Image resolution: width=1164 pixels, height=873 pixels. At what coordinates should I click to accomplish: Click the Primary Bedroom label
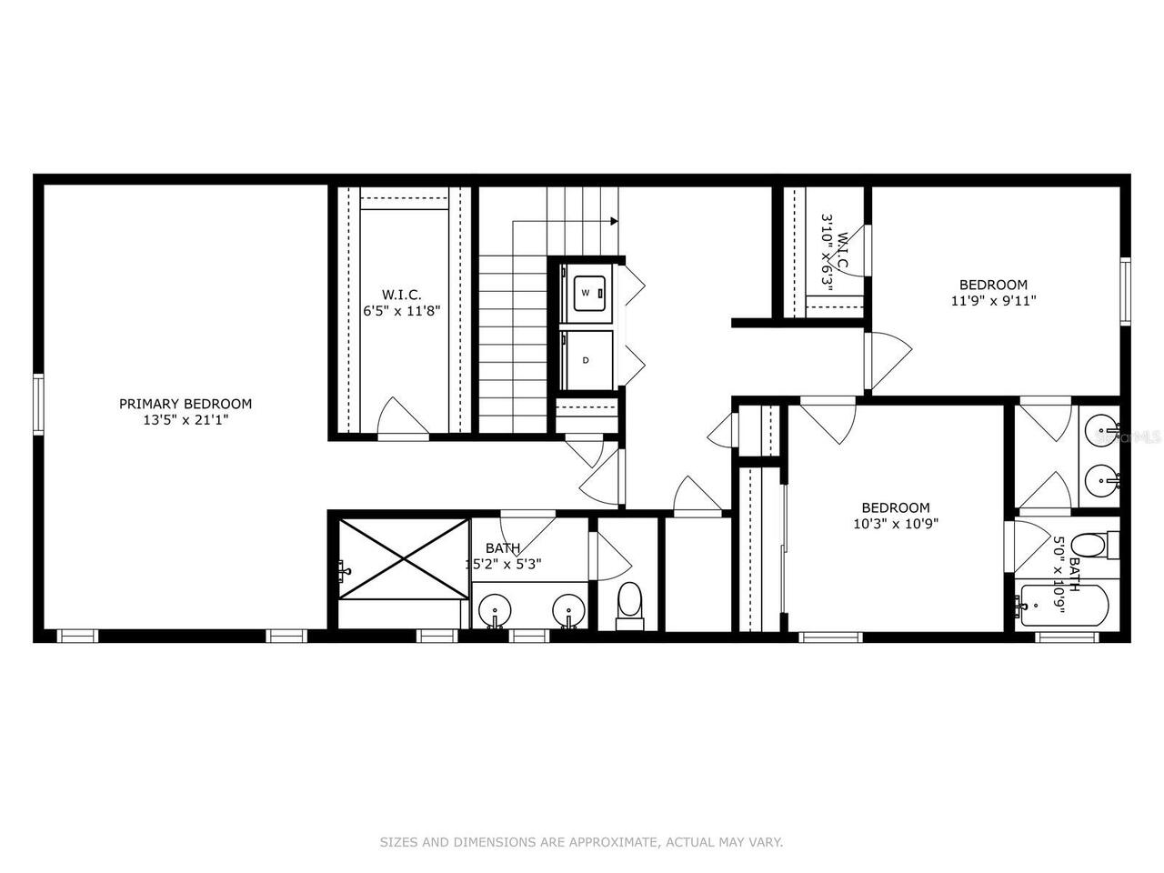pos(186,404)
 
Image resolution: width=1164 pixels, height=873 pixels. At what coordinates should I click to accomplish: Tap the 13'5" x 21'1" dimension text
pos(186,420)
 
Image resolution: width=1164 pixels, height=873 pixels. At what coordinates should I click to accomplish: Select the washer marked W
pos(587,293)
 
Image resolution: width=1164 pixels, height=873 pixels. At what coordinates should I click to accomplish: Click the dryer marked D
pos(587,359)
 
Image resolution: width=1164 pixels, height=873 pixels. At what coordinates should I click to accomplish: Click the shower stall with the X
pos(400,558)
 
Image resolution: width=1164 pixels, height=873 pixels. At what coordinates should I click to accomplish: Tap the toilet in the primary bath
pos(628,604)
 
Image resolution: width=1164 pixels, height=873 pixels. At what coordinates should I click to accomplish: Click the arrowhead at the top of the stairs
pos(615,221)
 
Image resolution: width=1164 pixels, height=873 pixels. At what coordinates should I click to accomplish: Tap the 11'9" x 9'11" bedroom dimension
pos(994,300)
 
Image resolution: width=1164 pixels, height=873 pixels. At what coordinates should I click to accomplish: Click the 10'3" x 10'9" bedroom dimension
pos(896,524)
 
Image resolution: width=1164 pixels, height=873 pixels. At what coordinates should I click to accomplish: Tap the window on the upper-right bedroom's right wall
pos(1125,290)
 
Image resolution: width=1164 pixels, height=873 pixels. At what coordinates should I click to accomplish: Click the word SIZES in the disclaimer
pos(399,842)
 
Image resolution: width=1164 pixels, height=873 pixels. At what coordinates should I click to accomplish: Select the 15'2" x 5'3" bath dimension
pos(504,564)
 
